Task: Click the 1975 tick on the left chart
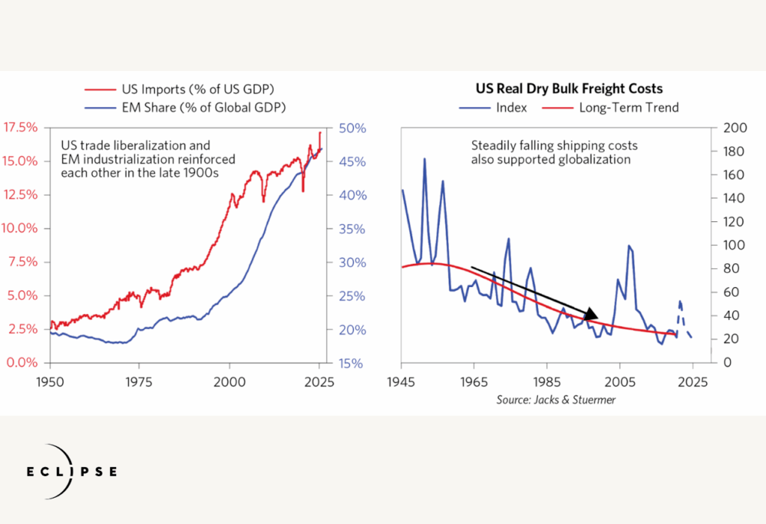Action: point(140,379)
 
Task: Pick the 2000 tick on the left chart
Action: point(230,379)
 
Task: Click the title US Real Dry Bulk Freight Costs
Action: point(569,88)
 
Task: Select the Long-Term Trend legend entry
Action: point(628,107)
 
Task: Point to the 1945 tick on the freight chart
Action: point(402,379)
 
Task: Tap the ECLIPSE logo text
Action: point(72,472)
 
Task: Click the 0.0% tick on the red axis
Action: point(25,363)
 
